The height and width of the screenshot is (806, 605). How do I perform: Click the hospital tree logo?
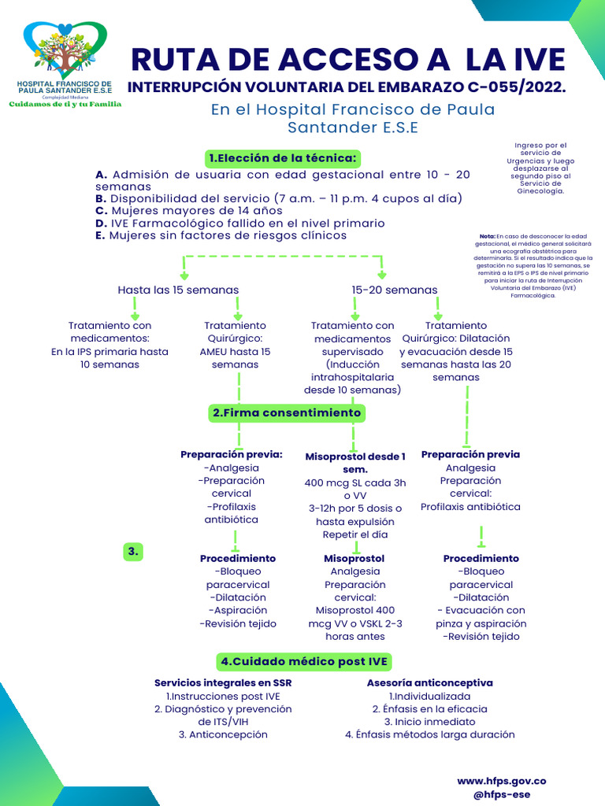65,51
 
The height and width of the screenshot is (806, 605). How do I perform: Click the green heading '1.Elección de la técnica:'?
283,158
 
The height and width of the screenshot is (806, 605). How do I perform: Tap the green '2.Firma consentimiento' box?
286,412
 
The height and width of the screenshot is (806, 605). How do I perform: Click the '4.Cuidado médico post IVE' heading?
305,661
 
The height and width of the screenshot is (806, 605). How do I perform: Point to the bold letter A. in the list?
101,175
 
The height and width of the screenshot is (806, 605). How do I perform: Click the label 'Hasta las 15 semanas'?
178,290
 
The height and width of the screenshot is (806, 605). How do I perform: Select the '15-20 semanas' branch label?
395,290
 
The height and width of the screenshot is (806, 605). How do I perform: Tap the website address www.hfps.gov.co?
502,781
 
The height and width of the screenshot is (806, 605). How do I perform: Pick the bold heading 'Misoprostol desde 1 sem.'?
355,462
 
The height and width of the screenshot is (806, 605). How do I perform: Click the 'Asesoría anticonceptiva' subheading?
429,682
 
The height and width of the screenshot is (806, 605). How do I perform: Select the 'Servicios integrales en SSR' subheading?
223,682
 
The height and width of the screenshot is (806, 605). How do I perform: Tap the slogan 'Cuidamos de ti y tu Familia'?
65,104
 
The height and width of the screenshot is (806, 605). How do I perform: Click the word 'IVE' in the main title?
534,60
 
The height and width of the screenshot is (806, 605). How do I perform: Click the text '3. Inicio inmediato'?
429,721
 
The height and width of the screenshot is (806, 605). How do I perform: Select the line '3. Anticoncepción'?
223,734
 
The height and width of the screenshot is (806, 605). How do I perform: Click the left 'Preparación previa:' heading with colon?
232,454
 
